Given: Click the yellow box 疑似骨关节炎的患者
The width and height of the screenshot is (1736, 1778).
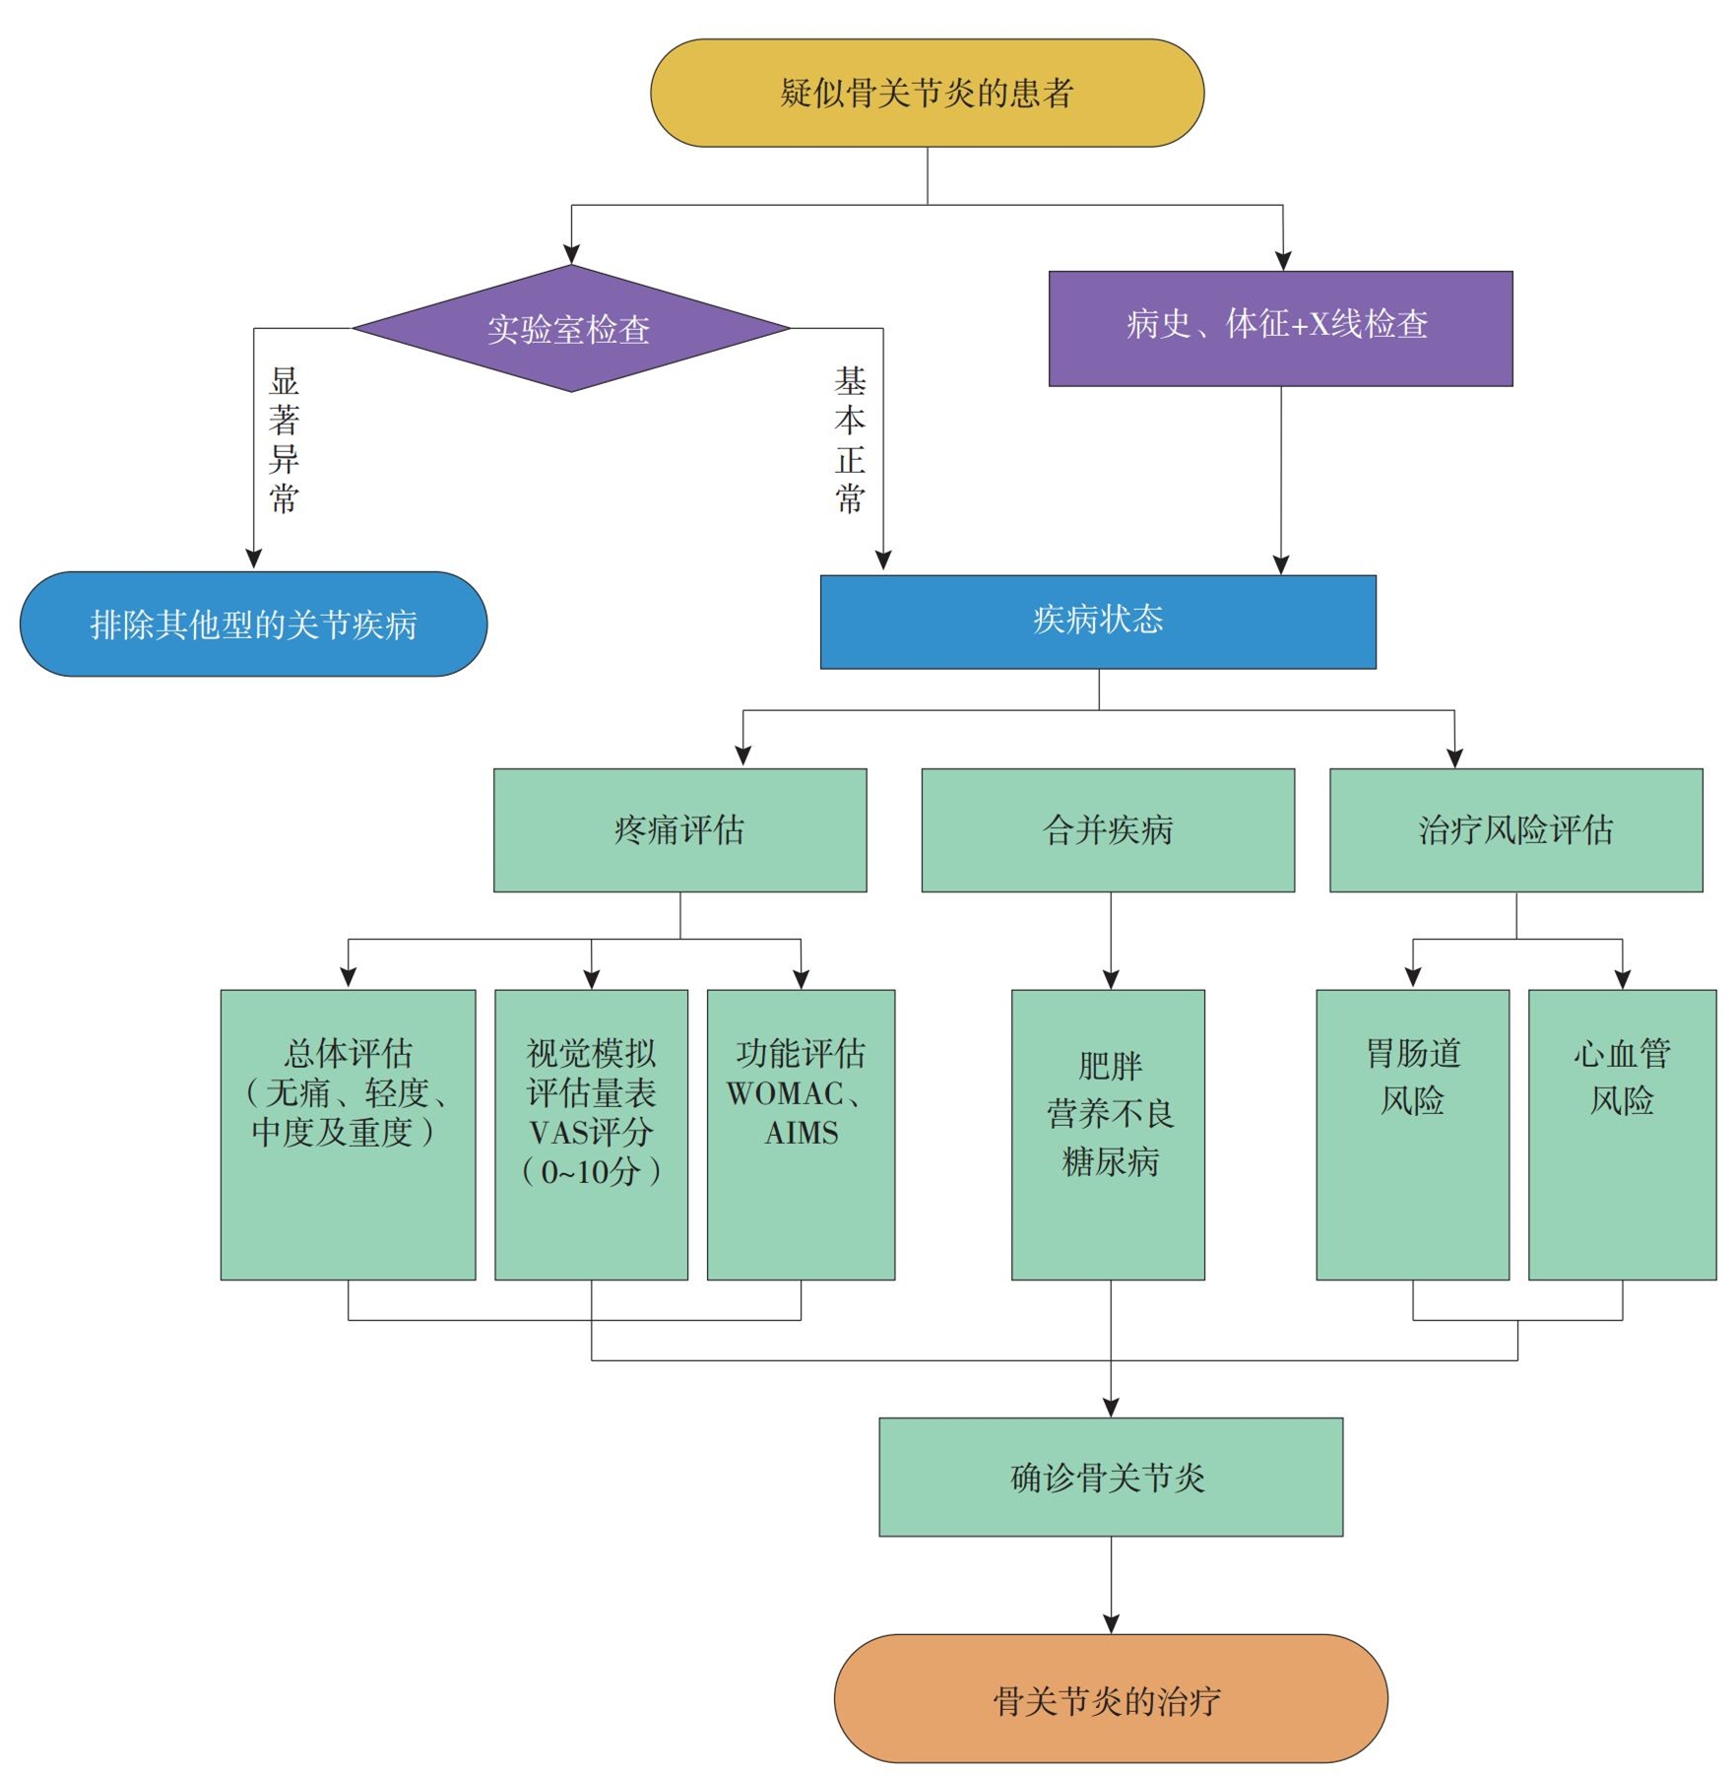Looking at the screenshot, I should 927,94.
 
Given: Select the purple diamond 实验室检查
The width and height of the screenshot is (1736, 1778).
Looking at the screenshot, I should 570,329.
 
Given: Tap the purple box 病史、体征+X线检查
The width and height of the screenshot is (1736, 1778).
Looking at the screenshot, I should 1280,327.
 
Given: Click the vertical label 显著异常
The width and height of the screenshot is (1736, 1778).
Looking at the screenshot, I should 284,440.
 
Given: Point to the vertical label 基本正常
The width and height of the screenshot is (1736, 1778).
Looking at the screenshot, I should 850,440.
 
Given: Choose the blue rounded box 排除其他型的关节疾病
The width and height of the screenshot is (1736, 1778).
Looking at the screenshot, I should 253,625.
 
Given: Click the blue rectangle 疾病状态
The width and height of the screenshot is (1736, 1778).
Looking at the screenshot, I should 1098,622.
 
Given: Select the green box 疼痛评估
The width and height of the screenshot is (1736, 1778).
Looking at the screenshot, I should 679,830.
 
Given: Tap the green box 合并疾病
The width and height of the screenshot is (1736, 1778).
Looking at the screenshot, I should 1108,830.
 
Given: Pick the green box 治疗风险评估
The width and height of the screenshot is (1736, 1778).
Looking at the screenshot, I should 1515,830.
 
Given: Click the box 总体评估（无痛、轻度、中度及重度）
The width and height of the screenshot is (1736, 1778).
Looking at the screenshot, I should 348,1134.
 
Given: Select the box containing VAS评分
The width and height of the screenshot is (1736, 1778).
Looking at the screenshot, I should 591,1134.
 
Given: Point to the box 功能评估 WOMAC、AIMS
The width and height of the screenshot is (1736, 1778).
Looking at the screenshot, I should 801,1134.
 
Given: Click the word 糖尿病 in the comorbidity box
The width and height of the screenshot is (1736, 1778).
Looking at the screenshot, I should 1110,1162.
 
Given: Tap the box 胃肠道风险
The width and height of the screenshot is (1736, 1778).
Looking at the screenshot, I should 1412,1134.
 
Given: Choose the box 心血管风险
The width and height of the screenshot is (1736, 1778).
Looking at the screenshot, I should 1622,1134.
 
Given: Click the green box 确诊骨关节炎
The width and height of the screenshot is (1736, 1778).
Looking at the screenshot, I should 1110,1478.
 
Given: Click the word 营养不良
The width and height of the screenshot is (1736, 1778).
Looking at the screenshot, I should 1110,1114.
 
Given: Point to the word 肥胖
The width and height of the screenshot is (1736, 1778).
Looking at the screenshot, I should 1110,1066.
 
